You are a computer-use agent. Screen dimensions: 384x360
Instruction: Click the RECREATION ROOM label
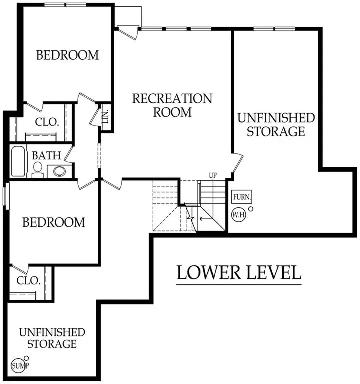(172, 105)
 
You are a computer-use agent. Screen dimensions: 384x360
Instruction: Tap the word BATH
(44, 155)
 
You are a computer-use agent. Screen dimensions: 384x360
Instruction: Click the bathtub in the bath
(18, 161)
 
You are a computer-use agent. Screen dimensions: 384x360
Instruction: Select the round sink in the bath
(60, 172)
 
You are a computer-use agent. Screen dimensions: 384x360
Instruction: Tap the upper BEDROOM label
(67, 55)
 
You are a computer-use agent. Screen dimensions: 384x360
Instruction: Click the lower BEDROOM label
(54, 222)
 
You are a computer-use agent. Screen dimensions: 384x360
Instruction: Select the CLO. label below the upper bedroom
(47, 122)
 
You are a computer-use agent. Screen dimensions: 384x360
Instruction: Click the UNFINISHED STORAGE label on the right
(276, 125)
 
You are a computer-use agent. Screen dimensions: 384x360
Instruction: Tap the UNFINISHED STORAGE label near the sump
(52, 338)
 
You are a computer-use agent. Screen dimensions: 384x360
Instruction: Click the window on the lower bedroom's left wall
(5, 195)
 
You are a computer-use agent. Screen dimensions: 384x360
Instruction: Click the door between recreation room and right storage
(237, 165)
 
